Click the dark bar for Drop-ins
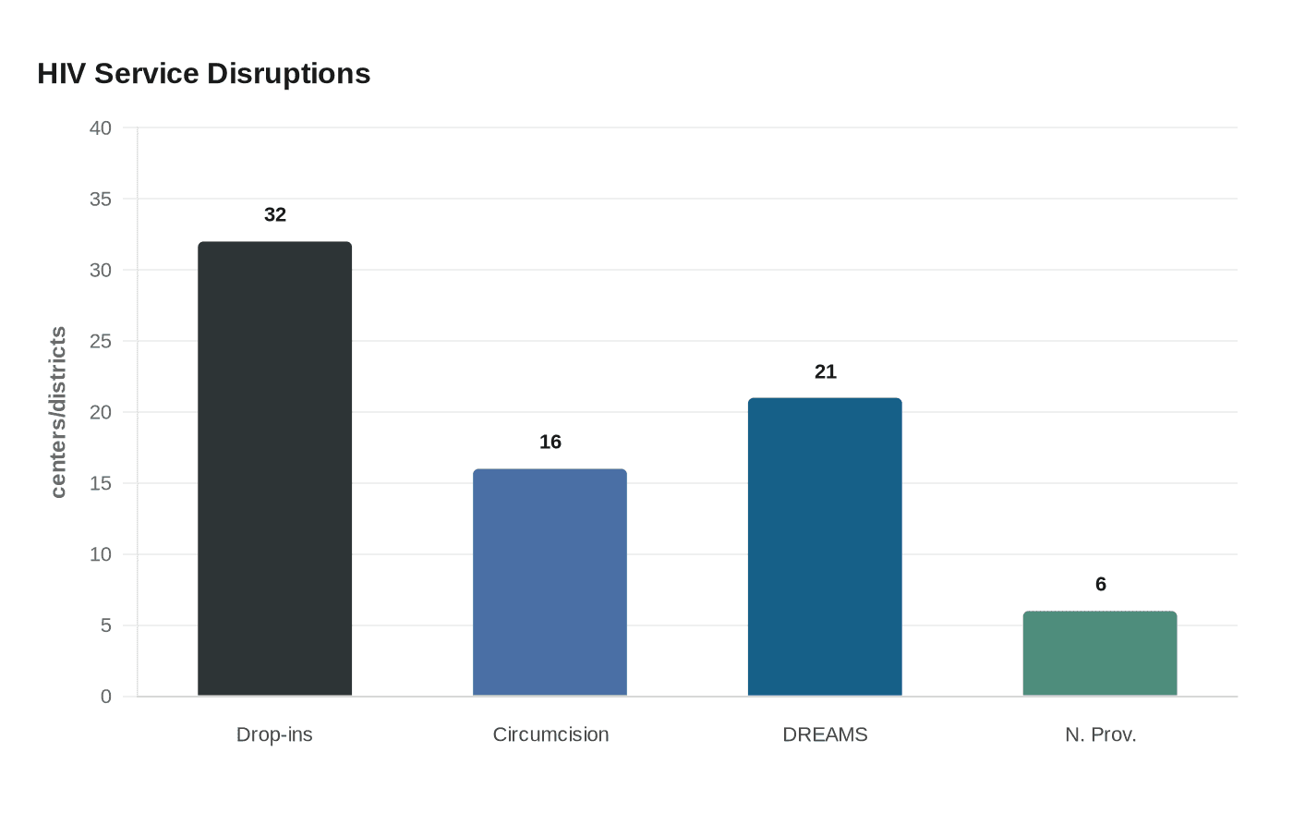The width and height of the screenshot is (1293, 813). [x=274, y=468]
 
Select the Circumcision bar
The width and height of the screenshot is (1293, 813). [x=550, y=582]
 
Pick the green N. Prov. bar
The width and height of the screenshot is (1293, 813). [x=1100, y=653]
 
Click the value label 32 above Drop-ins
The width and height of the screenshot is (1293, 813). [x=275, y=215]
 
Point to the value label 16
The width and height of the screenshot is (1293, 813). [x=550, y=443]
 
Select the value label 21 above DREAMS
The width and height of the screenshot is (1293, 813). [x=826, y=372]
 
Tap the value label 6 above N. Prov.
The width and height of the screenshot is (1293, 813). [x=1101, y=585]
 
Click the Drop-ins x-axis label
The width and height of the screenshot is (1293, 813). [x=274, y=734]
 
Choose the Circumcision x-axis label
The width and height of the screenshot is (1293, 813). [x=550, y=734]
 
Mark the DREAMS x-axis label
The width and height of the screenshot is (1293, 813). [x=825, y=734]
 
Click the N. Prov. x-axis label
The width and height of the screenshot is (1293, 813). [x=1100, y=734]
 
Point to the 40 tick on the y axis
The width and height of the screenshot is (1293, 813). [x=101, y=128]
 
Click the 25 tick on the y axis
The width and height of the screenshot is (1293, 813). [x=101, y=342]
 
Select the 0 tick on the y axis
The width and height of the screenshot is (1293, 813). [x=106, y=697]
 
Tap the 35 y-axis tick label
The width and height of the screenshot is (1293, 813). [x=101, y=200]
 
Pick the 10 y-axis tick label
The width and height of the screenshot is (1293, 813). [x=101, y=554]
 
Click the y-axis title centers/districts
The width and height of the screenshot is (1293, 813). [x=58, y=412]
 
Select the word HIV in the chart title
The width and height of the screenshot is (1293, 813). [x=61, y=74]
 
